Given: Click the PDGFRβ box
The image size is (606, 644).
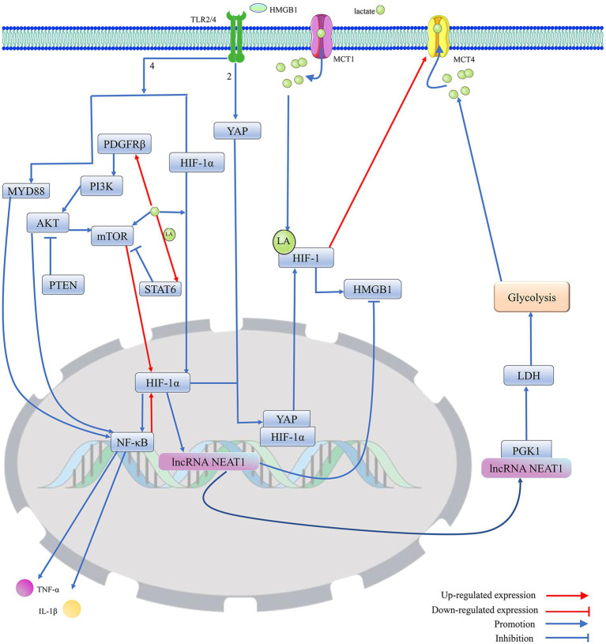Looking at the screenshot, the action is pyautogui.click(x=124, y=144).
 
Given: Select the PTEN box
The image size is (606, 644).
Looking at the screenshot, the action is pyautogui.click(x=63, y=284).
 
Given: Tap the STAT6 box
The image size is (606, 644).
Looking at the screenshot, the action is pyautogui.click(x=160, y=289).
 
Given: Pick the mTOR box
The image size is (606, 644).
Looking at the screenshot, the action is pyautogui.click(x=112, y=235).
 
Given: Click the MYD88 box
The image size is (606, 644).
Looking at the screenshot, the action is pyautogui.click(x=26, y=191).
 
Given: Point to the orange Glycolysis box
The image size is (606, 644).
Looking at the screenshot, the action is pyautogui.click(x=532, y=296).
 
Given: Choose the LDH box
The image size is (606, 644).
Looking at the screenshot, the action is pyautogui.click(x=529, y=375).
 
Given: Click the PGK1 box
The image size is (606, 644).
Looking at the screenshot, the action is pyautogui.click(x=526, y=450).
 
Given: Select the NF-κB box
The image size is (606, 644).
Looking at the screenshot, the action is pyautogui.click(x=132, y=442).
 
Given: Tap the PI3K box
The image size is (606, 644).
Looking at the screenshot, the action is pyautogui.click(x=101, y=186).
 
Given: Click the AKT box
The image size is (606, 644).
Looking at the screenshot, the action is pyautogui.click(x=47, y=223).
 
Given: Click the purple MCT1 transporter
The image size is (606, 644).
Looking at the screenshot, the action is pyautogui.click(x=321, y=36).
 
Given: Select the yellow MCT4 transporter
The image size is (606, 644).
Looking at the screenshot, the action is pyautogui.click(x=439, y=37).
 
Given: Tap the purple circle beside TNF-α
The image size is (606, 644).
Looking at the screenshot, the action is pyautogui.click(x=24, y=588).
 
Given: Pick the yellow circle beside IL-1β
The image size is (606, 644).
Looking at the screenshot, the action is pyautogui.click(x=72, y=609).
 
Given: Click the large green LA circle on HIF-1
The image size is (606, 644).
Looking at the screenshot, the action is pyautogui.click(x=284, y=242).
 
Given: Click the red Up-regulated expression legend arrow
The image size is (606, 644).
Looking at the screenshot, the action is pyautogui.click(x=567, y=595).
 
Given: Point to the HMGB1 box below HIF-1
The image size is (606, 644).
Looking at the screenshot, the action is pyautogui.click(x=372, y=289).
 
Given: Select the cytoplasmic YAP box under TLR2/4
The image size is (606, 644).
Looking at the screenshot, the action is pyautogui.click(x=237, y=130).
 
